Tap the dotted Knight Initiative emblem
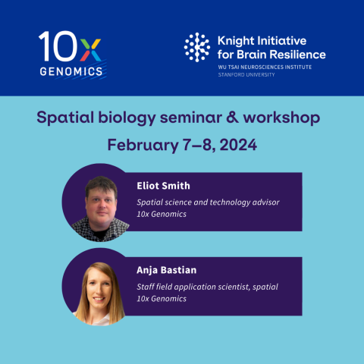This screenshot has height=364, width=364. point(196,46)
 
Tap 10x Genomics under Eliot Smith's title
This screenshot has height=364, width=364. point(161,214)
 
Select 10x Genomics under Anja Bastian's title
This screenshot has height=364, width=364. point(161,299)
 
